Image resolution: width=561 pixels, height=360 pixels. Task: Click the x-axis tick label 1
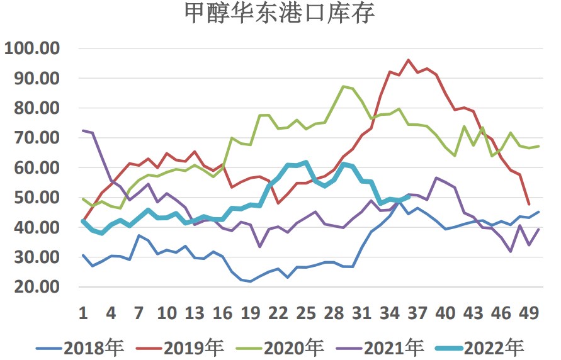point(83,313)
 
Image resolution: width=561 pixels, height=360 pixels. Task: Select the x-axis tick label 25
point(306,313)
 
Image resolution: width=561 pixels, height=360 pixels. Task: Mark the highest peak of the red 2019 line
point(409,60)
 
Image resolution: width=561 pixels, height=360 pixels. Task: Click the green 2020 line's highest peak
point(343,86)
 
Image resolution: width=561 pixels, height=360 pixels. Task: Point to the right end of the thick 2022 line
point(409,196)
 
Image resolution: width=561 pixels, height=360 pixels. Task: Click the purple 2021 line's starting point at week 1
point(83,130)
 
